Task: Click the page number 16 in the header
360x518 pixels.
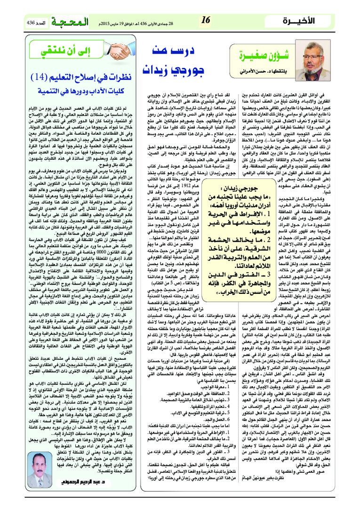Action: (205, 20)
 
